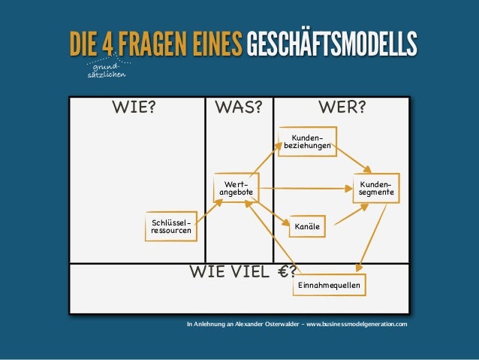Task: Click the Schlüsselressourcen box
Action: [170, 228]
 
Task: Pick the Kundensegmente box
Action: [375, 189]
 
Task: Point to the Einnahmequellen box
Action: [328, 286]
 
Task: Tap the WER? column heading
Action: [342, 106]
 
